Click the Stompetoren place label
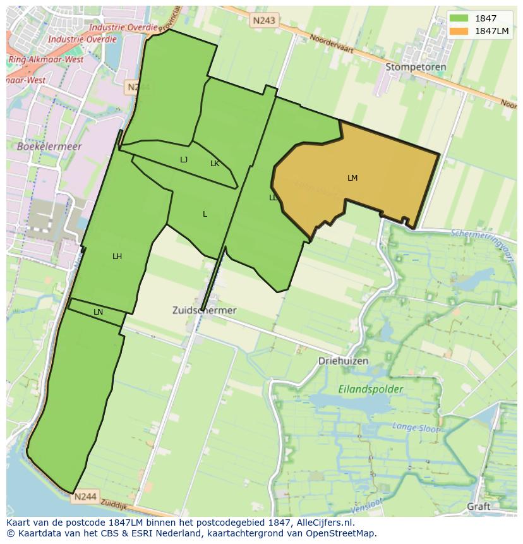[x=416, y=66]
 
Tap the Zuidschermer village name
[x=204, y=310]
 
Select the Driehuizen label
[x=343, y=361]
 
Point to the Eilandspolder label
[x=370, y=389]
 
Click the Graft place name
[x=479, y=506]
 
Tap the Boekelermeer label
[x=40, y=146]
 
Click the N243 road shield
[x=263, y=21]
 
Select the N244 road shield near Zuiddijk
[x=85, y=497]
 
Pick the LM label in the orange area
[x=352, y=178]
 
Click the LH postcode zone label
[x=117, y=257]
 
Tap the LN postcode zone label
[x=98, y=312]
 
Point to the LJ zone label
[x=184, y=160]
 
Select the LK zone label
[x=215, y=164]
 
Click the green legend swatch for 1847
[x=459, y=18]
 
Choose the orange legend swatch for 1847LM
[x=459, y=31]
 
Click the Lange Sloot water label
[x=415, y=428]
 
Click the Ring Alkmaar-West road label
[x=45, y=59]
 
